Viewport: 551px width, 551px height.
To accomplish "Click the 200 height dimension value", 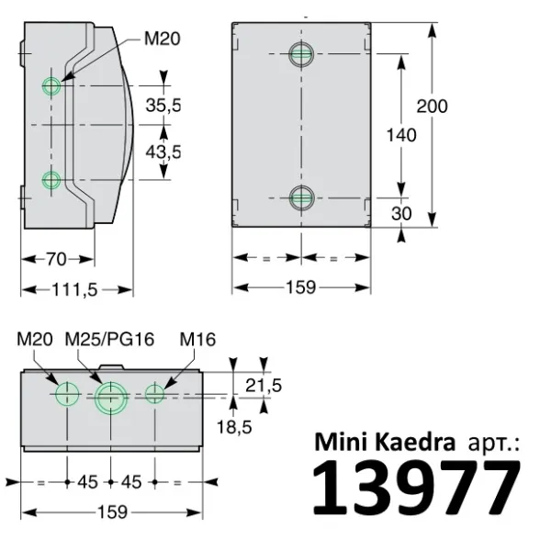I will pyautogui.click(x=431, y=106).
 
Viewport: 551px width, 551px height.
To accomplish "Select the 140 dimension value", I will pyautogui.click(x=401, y=134).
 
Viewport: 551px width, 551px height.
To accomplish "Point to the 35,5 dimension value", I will pyautogui.click(x=163, y=106).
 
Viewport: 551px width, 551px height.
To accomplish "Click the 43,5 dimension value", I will pyautogui.click(x=163, y=151).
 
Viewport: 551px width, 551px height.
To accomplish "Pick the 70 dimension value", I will pyautogui.click(x=57, y=259).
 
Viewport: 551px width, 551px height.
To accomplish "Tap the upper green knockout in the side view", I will pyautogui.click(x=52, y=86).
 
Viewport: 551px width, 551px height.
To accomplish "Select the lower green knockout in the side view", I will pyautogui.click(x=52, y=180).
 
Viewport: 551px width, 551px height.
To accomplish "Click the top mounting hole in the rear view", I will pyautogui.click(x=300, y=54).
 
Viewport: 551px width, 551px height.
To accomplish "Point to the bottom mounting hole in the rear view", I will pyautogui.click(x=300, y=196).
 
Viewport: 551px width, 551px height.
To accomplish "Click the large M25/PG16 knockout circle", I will pyautogui.click(x=110, y=398).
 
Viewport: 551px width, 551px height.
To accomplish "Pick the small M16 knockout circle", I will pyautogui.click(x=155, y=394).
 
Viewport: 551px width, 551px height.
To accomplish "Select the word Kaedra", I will pyautogui.click(x=419, y=442).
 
